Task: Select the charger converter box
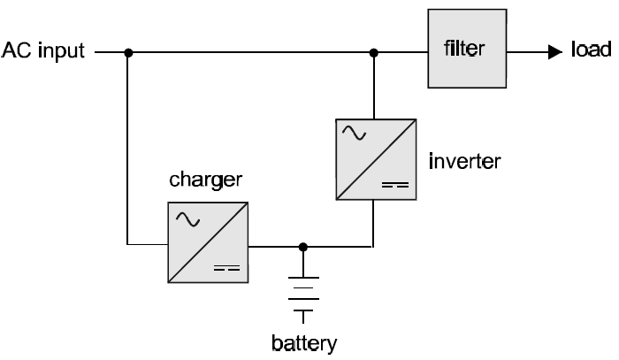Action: coord(209,242)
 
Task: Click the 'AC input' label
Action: coord(43,51)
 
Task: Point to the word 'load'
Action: coord(591,51)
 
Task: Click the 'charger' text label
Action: coord(205,181)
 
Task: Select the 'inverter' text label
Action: coord(464,161)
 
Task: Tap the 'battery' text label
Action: coord(303,341)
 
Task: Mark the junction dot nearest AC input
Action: coord(129,52)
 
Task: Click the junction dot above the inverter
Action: coord(374,52)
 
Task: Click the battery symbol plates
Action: coord(303,295)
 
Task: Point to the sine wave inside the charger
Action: coord(188,218)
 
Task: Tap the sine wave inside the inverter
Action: coord(355,134)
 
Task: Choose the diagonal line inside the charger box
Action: coord(209,242)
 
